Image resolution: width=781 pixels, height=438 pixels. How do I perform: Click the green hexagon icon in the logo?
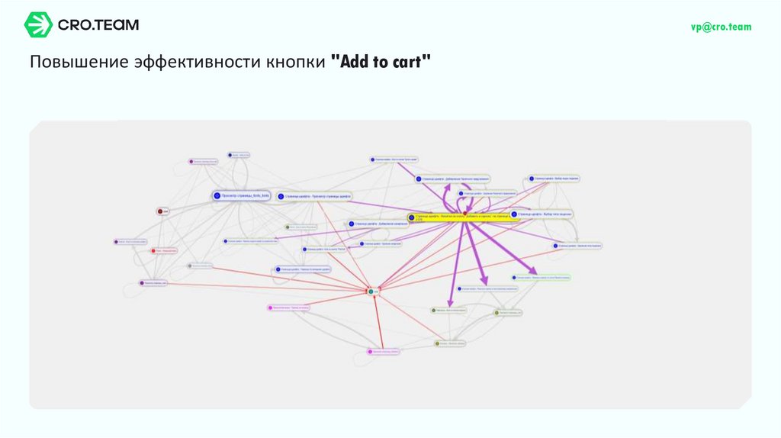click(38, 24)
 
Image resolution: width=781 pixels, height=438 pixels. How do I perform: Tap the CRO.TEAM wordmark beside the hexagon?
click(98, 24)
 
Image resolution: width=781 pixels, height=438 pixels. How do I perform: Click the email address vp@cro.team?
click(721, 27)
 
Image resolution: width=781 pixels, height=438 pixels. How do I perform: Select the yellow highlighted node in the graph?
click(460, 217)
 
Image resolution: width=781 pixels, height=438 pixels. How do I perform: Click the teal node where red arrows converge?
click(371, 291)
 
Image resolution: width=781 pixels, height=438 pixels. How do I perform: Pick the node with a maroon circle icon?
click(162, 211)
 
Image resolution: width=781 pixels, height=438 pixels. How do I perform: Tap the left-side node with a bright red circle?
click(154, 250)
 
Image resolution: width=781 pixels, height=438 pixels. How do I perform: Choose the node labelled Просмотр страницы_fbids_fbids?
click(242, 196)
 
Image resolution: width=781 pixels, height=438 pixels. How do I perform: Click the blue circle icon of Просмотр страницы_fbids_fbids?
click(217, 196)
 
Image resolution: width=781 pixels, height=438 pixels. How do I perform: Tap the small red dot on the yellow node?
click(464, 213)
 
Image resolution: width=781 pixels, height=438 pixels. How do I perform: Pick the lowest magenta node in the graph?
click(384, 352)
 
